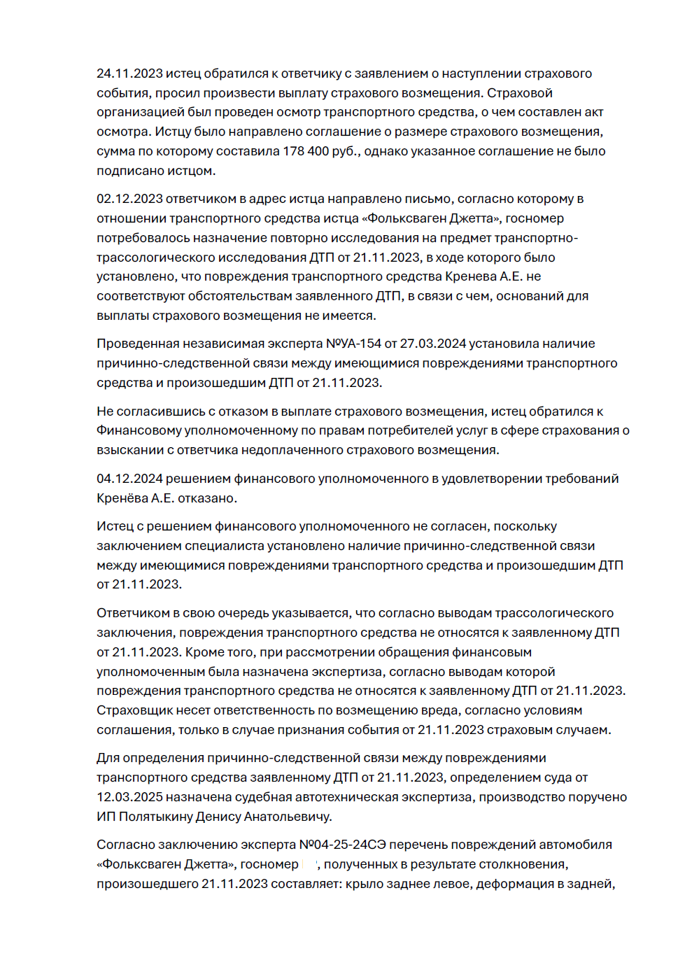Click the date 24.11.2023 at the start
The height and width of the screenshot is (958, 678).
129,73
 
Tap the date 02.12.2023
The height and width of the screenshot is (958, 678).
129,199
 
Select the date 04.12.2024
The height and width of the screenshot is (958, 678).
129,479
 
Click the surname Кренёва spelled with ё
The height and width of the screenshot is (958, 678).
122,498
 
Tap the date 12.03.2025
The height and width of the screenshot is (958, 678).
129,797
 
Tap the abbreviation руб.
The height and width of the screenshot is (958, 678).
346,151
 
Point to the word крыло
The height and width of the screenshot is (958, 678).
379,884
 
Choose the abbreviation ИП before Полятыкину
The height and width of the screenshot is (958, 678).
106,817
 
